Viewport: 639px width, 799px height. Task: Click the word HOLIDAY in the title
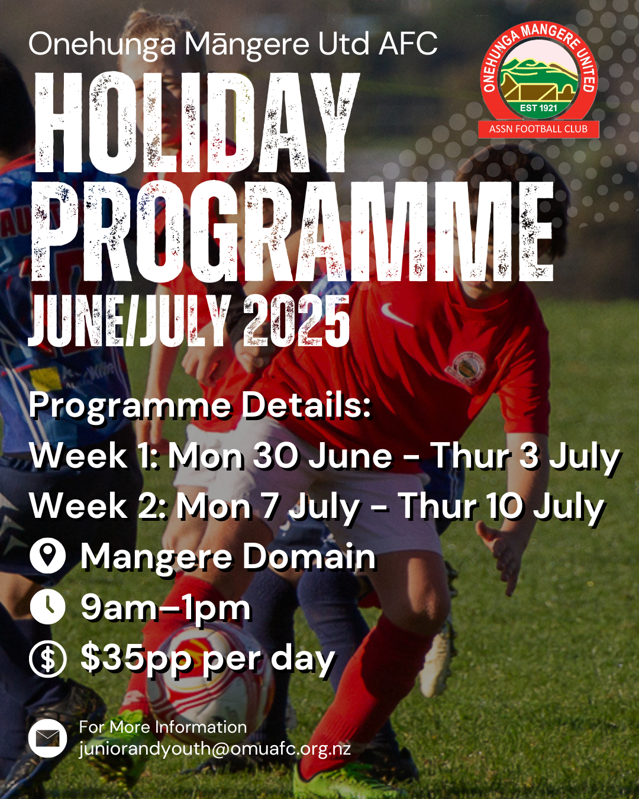click(197, 123)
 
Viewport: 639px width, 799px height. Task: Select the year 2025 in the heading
click(296, 321)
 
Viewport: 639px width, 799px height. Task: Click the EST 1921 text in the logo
click(538, 108)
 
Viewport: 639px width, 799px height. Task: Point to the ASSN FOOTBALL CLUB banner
click(538, 129)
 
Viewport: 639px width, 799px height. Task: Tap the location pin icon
click(47, 556)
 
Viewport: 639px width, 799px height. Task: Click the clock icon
click(47, 607)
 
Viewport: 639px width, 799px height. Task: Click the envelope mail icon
click(47, 739)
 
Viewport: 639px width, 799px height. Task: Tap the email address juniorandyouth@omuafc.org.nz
click(215, 749)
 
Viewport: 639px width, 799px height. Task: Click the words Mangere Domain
click(228, 556)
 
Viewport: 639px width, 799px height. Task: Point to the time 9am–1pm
click(166, 608)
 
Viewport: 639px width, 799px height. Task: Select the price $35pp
click(136, 659)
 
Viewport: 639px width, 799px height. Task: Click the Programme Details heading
click(200, 405)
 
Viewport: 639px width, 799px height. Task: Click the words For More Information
click(163, 727)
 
